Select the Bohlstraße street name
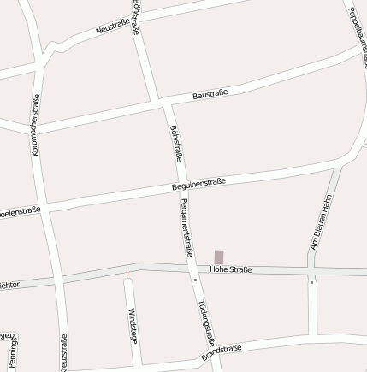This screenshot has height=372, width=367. (x=178, y=142)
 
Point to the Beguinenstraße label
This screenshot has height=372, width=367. (x=198, y=183)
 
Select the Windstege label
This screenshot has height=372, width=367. (x=132, y=325)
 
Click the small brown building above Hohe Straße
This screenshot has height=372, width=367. (x=219, y=257)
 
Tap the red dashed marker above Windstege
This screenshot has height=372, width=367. (x=127, y=273)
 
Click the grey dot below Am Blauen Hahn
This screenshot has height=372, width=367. (x=311, y=281)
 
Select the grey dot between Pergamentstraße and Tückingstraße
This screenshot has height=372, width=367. (x=195, y=279)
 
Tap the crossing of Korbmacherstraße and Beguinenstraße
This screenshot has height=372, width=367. (x=44, y=209)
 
